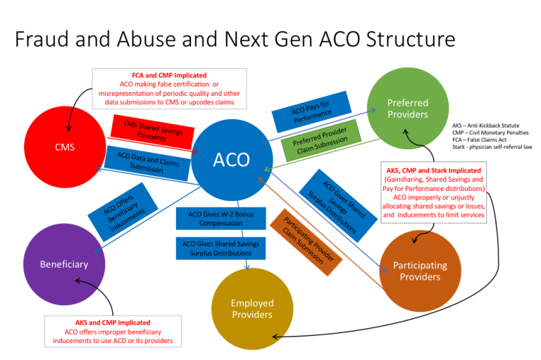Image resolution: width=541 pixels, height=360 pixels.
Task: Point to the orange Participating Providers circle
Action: (x=420, y=271)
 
